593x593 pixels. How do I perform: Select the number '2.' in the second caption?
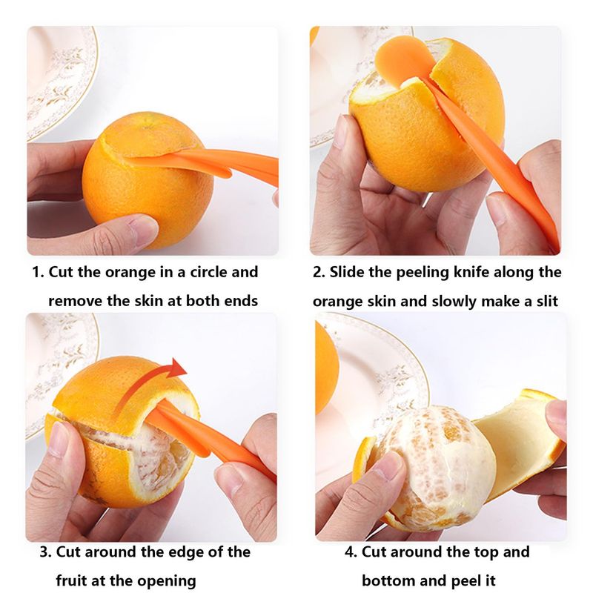pos(319,272)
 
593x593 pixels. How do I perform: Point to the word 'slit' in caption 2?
pos(547,302)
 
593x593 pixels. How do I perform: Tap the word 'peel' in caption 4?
pos(471,580)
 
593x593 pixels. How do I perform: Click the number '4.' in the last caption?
pos(351,551)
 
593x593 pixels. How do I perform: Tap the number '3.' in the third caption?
pos(46,551)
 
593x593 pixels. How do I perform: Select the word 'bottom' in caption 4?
pos(388,580)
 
